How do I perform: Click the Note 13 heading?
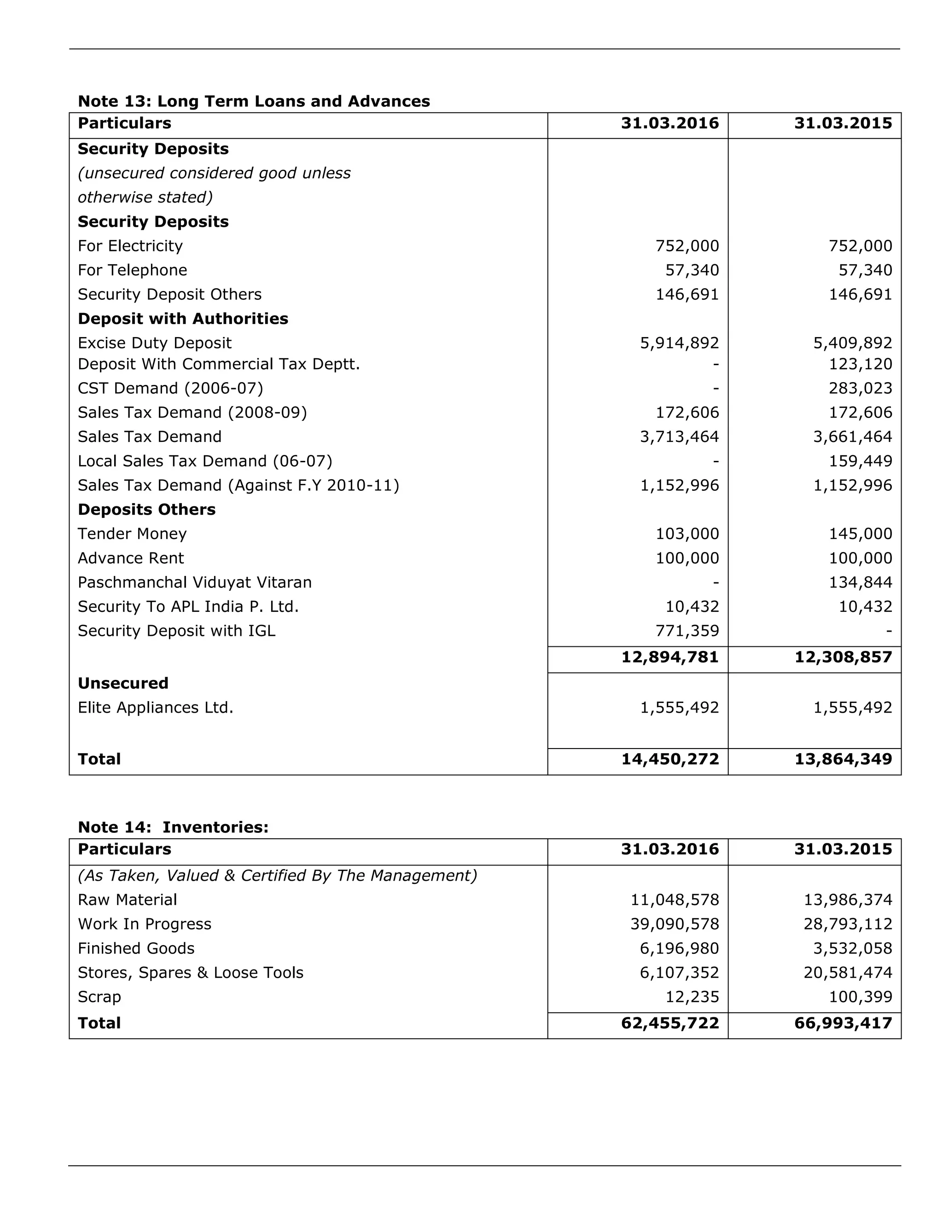[x=254, y=101]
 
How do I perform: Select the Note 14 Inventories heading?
[x=173, y=827]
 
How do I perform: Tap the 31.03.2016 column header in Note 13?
[x=670, y=123]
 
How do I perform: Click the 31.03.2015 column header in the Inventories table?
[x=843, y=849]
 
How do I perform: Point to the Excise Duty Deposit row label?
[x=154, y=343]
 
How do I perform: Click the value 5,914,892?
[x=679, y=343]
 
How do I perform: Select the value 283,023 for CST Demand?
[x=860, y=388]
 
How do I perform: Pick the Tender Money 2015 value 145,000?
[x=860, y=534]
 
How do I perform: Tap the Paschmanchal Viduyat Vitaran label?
[x=194, y=582]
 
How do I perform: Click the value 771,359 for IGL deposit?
[x=687, y=631]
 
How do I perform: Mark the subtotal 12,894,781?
[x=670, y=657]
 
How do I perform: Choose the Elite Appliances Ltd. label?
[x=155, y=707]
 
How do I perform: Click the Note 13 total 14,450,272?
[x=670, y=759]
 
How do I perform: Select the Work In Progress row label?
[x=144, y=924]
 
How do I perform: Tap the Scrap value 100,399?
[x=860, y=997]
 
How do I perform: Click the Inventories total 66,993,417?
[x=843, y=1023]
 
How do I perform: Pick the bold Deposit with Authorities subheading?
[x=183, y=319]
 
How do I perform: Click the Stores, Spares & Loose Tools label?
[x=191, y=972]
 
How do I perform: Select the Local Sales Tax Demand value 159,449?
[x=860, y=461]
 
